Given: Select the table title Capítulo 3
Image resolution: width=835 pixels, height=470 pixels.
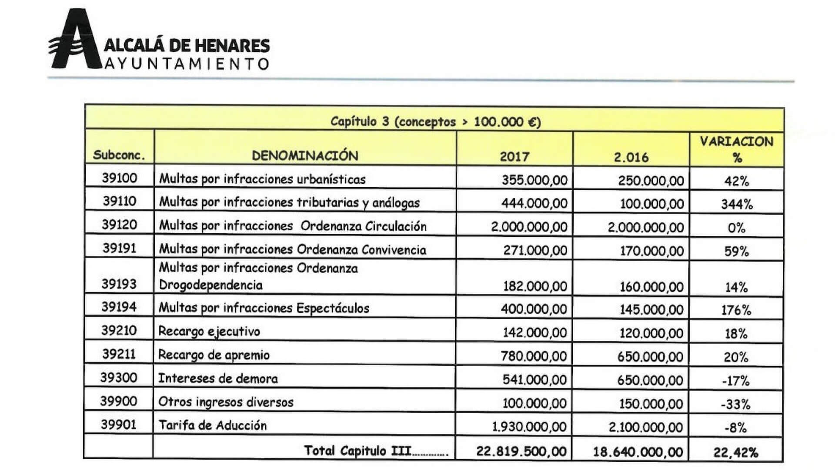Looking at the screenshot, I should [x=435, y=121].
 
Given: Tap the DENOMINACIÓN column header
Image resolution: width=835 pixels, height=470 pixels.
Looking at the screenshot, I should [x=305, y=156].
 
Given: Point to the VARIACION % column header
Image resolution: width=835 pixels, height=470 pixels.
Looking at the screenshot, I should [x=736, y=149].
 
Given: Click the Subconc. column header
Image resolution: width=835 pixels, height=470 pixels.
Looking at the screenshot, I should [x=119, y=155].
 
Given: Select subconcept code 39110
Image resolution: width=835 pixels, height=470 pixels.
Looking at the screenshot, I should [x=120, y=201].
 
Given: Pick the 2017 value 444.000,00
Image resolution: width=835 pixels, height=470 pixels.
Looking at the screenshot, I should [x=534, y=203].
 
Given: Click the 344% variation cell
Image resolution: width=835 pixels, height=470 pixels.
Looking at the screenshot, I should [x=737, y=204].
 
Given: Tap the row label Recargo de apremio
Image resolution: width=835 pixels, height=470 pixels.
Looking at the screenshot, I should [x=214, y=355].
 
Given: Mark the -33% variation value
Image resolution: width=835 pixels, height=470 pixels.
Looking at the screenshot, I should [x=735, y=404].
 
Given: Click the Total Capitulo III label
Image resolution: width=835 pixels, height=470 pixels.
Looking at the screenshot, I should [x=376, y=450].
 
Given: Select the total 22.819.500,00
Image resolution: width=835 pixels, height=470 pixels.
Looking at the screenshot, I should [x=521, y=451].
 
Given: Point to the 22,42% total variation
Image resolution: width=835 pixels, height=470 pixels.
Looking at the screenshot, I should [x=736, y=453].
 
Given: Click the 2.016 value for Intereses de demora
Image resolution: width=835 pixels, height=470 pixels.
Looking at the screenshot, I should [x=650, y=380].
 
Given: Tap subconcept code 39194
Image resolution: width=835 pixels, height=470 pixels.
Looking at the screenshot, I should [x=119, y=307].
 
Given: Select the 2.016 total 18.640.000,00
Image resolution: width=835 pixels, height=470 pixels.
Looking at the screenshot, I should [x=638, y=452].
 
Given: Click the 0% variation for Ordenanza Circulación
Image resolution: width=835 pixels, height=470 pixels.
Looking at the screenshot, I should [x=736, y=228].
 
